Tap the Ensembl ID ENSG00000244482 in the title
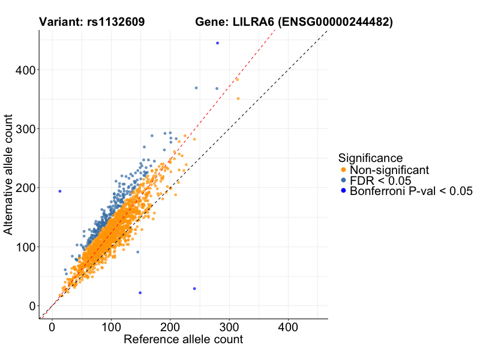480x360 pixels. point(338,22)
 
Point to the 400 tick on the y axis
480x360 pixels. point(25,70)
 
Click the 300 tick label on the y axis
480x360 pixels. point(25,129)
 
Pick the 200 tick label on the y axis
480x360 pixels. point(25,188)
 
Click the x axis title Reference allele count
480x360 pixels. point(183,340)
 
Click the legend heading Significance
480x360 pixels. point(370,158)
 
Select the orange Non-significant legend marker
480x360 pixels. point(343,170)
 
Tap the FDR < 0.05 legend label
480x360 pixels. point(380,181)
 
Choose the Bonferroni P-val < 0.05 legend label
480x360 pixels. point(412,191)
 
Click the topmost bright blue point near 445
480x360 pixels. point(217,43)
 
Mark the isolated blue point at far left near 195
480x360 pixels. point(60,191)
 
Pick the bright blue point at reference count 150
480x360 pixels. point(140,293)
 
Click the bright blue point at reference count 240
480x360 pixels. point(194,289)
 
